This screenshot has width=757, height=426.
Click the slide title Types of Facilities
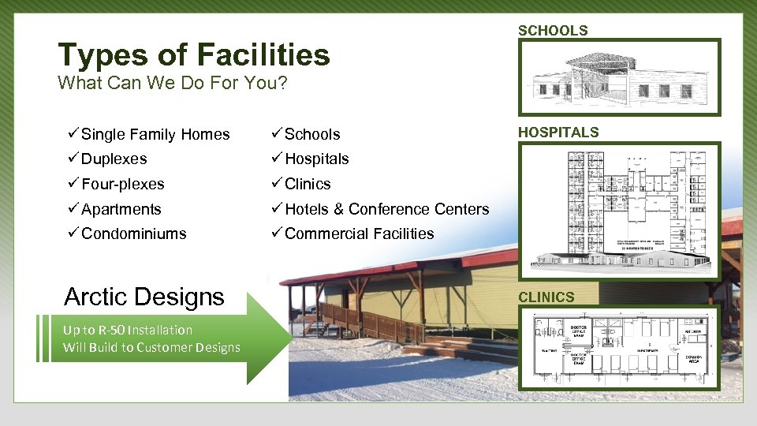pos(193,55)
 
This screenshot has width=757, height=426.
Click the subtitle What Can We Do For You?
pos(173,83)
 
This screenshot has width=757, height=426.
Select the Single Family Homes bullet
pos(155,135)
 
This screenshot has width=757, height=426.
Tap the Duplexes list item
pos(114,159)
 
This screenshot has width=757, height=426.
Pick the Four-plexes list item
pos(122,185)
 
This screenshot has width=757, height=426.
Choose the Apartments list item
pos(121,210)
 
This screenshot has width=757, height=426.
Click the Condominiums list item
pos(133,234)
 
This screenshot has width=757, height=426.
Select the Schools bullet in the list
pos(312,135)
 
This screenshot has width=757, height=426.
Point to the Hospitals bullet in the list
pos(316,159)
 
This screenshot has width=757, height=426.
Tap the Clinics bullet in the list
pos(308,185)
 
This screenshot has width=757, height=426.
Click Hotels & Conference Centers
pos(386,210)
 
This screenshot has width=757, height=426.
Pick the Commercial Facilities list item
pos(359,234)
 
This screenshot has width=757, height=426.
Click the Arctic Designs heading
pos(144,297)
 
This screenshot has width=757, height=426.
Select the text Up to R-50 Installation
pos(128,330)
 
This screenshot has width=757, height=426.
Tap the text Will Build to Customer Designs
pos(151,348)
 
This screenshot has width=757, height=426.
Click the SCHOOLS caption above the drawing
pos(553,31)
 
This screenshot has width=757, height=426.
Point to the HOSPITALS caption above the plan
pos(558,133)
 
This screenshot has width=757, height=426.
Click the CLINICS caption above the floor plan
pos(546,297)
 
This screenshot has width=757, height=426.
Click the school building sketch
pos(618,77)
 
